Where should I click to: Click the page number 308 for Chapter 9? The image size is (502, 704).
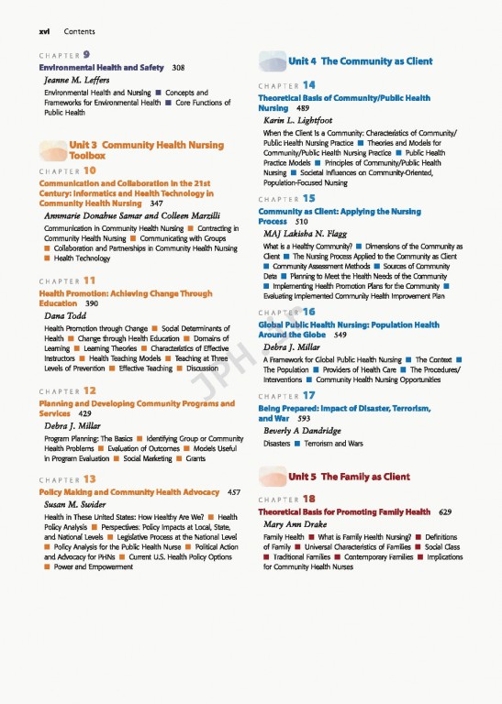point(178,68)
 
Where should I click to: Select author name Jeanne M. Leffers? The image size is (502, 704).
point(76,81)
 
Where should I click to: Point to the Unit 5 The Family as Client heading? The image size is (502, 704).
point(349,477)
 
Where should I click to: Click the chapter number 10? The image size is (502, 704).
point(90,170)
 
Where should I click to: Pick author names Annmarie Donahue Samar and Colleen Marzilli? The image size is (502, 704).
point(131,216)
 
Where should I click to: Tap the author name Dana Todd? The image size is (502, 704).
point(65,316)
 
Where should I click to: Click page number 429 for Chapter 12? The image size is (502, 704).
point(84,414)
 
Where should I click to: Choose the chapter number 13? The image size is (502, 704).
point(90,479)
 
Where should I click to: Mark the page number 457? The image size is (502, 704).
point(233,492)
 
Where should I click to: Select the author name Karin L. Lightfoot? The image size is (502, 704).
point(297,121)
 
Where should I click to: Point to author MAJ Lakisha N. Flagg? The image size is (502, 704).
point(305,235)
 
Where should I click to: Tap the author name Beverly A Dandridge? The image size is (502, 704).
point(302,432)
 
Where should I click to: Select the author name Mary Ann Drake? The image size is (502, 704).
point(295,525)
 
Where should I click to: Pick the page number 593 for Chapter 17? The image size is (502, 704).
point(305,419)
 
